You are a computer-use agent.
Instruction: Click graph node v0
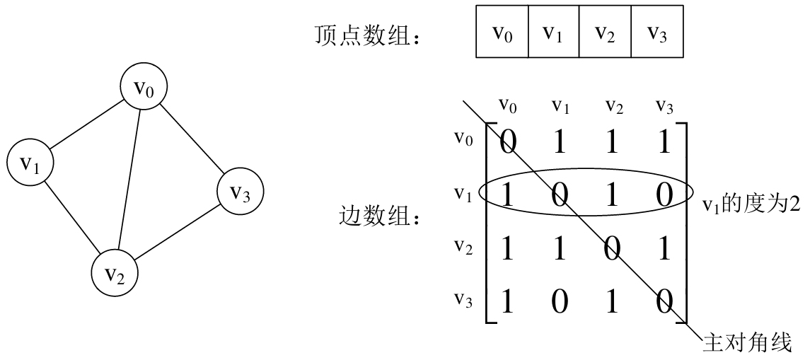pyautogui.click(x=142, y=88)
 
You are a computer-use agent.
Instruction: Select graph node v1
pyautogui.click(x=30, y=163)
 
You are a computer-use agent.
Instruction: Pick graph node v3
pyautogui.click(x=239, y=191)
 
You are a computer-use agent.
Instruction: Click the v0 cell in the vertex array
pyautogui.click(x=502, y=33)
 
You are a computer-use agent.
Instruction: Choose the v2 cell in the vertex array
pyautogui.click(x=606, y=33)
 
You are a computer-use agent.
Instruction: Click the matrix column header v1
pyautogui.click(x=560, y=107)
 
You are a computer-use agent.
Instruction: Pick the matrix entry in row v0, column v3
pyautogui.click(x=664, y=141)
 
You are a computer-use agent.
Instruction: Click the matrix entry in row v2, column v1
pyautogui.click(x=560, y=249)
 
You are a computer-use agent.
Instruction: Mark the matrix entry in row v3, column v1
pyautogui.click(x=560, y=302)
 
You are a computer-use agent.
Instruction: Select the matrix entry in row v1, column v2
pyautogui.click(x=612, y=195)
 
